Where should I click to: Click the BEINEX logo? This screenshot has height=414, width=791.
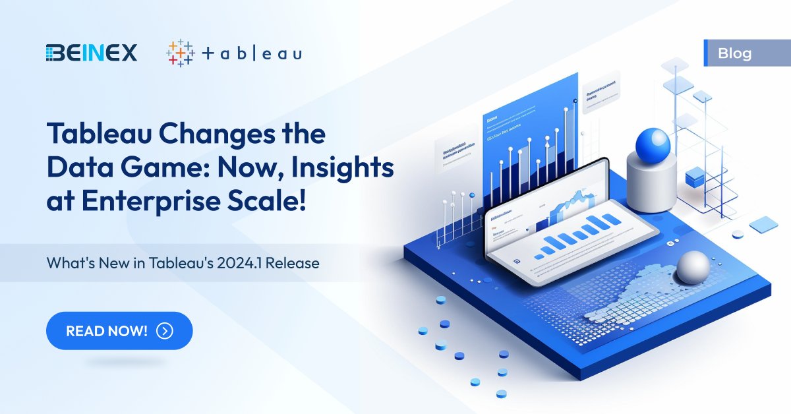click(x=92, y=53)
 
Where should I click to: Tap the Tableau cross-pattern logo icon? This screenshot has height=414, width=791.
click(x=180, y=53)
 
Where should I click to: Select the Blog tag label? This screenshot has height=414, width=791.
click(x=735, y=53)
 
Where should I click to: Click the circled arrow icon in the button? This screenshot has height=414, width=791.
click(x=165, y=330)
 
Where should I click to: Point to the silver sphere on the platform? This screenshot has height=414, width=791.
click(x=693, y=267)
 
